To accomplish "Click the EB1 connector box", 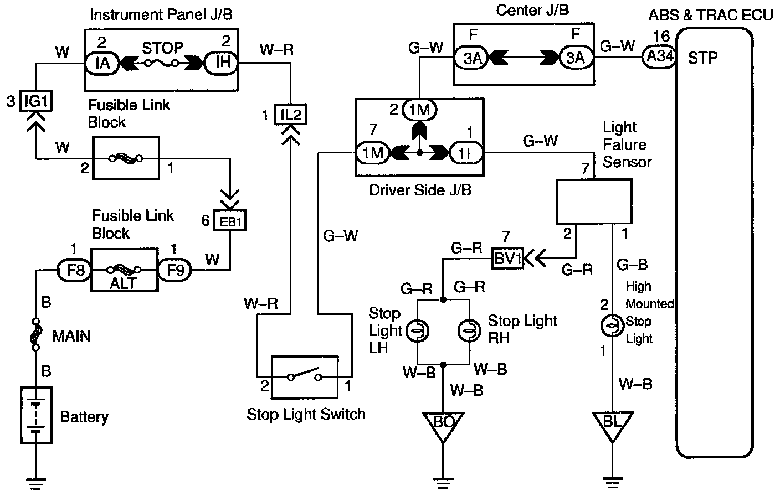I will point(229,221).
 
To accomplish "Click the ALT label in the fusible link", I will point(124,283).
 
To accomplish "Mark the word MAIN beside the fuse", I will point(71,336).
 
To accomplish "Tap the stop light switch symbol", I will point(304,378).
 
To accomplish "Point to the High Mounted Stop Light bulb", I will point(612,327).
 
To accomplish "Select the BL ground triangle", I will point(612,424).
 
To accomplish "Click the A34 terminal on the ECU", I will point(659,57).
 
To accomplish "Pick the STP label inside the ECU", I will point(703,58).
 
